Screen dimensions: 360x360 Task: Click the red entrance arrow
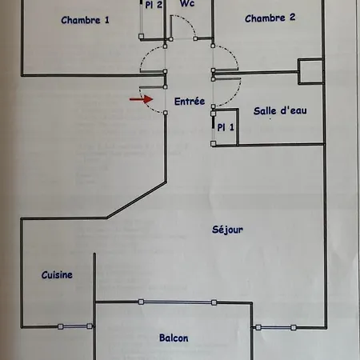142,99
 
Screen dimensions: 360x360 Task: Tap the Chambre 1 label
85,20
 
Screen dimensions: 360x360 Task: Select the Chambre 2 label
270,18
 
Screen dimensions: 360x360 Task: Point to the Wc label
187,3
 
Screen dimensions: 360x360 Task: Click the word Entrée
190,102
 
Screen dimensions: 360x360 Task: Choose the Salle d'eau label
280,110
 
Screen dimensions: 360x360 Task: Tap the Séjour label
227,230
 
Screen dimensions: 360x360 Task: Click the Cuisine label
57,275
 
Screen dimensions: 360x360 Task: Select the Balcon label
174,338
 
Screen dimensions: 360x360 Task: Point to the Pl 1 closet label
226,127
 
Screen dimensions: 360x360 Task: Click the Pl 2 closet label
154,5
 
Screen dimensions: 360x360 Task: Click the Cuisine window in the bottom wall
75,326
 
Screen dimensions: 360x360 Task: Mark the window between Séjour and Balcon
178,302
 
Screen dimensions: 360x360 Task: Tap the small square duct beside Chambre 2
310,71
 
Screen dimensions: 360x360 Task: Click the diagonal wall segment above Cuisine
137,200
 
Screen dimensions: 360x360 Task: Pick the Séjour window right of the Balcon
276,327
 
